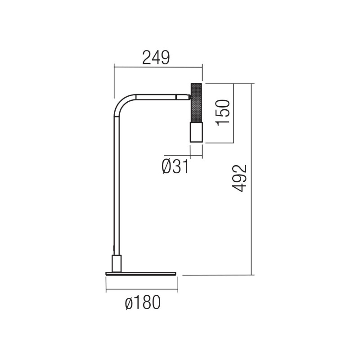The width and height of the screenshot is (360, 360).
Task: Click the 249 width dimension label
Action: tap(156, 58)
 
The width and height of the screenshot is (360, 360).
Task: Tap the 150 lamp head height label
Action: tap(224, 112)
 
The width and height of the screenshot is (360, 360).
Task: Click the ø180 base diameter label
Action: tap(142, 304)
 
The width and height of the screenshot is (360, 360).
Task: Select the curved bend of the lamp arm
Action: tap(121, 104)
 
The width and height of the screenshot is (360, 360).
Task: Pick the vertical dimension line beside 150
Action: tap(234, 112)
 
